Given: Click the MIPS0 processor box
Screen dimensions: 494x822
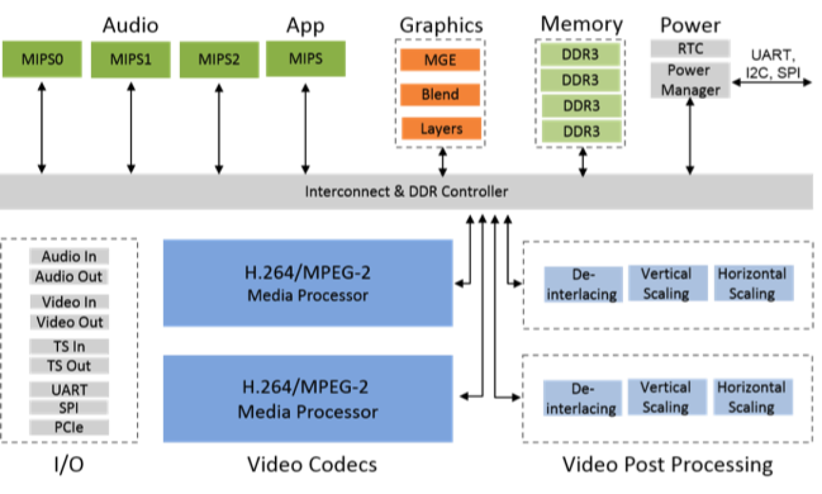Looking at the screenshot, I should pyautogui.click(x=43, y=60).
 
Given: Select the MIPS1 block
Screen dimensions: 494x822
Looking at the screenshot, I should pyautogui.click(x=130, y=60).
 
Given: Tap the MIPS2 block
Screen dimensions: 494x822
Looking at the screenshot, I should pyautogui.click(x=219, y=60).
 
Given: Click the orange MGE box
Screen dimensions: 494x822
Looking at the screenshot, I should pyautogui.click(x=440, y=60).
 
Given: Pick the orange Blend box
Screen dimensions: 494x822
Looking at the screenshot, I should pyautogui.click(x=440, y=94).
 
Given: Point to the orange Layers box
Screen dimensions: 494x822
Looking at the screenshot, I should pyautogui.click(x=441, y=129).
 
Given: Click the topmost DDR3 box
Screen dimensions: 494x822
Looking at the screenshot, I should pyautogui.click(x=581, y=55).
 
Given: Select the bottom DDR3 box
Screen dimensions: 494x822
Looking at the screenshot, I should pyautogui.click(x=581, y=132).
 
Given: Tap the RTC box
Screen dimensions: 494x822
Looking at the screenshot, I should pyautogui.click(x=688, y=48).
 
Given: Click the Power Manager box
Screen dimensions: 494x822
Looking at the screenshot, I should pyautogui.click(x=690, y=80).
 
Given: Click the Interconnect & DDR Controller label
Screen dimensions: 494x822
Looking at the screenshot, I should pyautogui.click(x=406, y=192).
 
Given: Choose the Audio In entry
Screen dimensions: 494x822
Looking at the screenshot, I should pyautogui.click(x=69, y=256).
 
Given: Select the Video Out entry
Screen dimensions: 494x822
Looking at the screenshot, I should pyautogui.click(x=70, y=322).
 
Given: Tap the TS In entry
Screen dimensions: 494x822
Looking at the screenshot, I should pyautogui.click(x=69, y=347).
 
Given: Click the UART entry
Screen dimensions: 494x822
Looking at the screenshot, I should pyautogui.click(x=69, y=390).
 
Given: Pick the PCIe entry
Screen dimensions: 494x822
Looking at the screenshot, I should pyautogui.click(x=69, y=428).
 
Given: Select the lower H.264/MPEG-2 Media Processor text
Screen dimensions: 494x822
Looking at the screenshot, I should pyautogui.click(x=308, y=399).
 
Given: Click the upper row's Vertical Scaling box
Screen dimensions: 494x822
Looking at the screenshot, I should pyautogui.click(x=666, y=284).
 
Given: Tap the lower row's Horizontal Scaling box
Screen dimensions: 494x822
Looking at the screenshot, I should pyautogui.click(x=751, y=397).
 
